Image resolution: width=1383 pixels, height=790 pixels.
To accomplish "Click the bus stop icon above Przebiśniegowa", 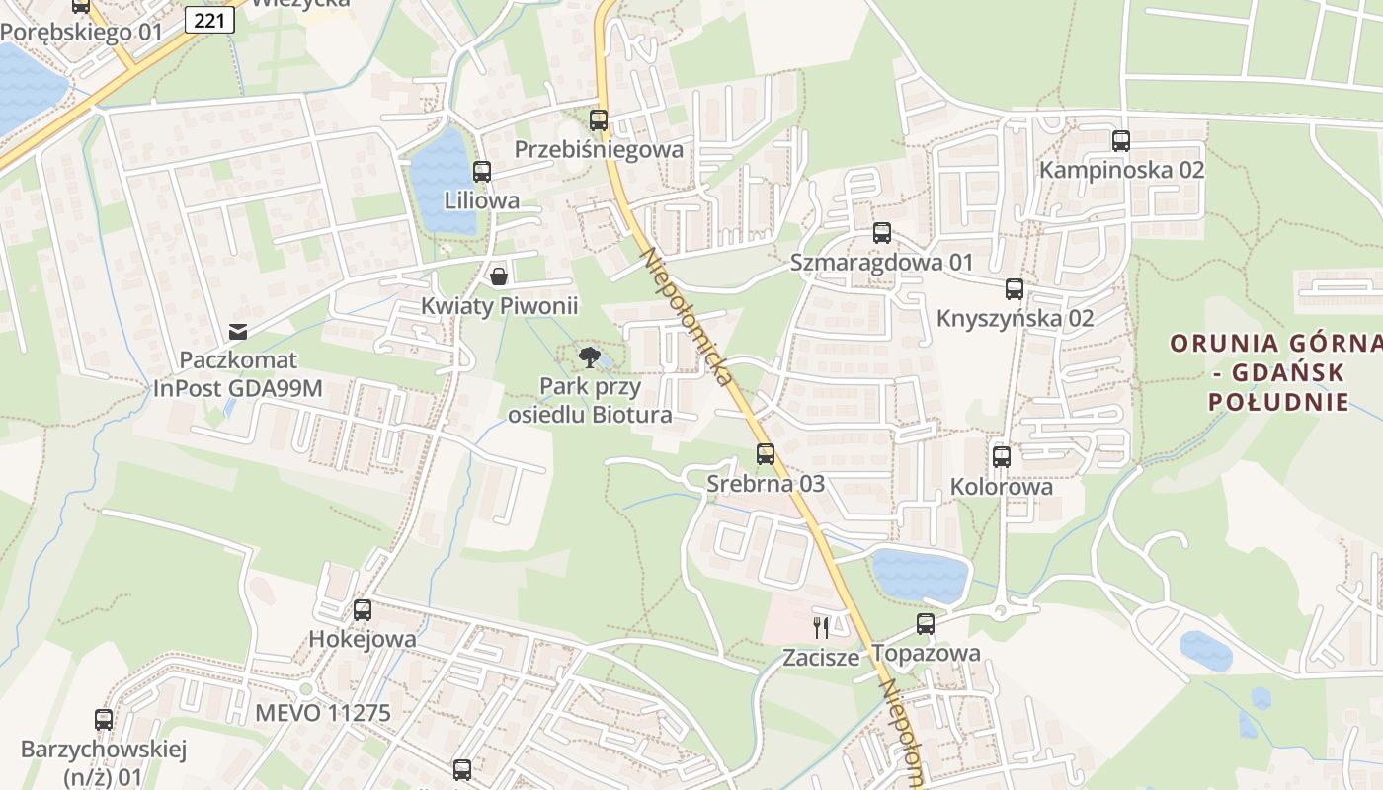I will (x=599, y=120).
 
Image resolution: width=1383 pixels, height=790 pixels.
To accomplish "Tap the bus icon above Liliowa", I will (x=482, y=172).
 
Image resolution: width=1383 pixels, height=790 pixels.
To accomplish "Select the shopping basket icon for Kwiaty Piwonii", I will (x=500, y=276).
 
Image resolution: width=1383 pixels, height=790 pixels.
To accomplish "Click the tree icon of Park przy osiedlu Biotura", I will (x=590, y=356).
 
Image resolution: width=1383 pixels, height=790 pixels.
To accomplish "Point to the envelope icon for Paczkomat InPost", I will (x=238, y=331).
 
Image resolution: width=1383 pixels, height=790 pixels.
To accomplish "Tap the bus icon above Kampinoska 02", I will (x=1121, y=140).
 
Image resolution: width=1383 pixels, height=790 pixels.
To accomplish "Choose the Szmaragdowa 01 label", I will (x=881, y=263).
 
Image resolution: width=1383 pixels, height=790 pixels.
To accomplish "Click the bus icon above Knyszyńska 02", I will (x=1015, y=289).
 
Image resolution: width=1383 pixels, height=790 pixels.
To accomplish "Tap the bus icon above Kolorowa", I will (x=1002, y=456).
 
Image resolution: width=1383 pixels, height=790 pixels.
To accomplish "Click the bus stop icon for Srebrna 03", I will (x=766, y=454).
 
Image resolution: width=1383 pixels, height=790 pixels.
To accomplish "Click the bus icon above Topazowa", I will (x=926, y=624).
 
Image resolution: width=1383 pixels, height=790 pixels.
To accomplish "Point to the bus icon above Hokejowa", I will (x=363, y=610).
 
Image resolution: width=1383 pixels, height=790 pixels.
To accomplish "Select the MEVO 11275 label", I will (x=322, y=713).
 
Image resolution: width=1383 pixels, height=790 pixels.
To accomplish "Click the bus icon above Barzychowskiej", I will (x=104, y=720).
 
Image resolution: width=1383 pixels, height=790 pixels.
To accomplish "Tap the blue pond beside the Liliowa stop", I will (x=443, y=183).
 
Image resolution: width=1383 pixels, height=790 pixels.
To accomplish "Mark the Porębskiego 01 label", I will (x=81, y=32).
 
